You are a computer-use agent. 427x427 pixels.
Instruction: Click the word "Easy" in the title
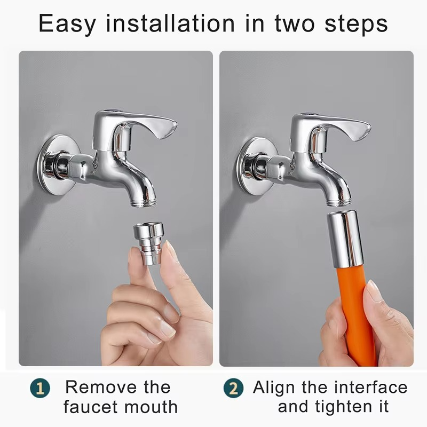67,23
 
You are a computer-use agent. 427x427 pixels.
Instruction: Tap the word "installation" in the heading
170,23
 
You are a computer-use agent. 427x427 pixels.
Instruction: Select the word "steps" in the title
356,25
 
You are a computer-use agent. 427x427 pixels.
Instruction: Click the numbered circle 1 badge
40,388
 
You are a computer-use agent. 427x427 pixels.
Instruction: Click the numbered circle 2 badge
233,388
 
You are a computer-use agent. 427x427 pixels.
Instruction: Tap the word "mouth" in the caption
151,407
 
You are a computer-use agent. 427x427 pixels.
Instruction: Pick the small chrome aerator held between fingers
148,243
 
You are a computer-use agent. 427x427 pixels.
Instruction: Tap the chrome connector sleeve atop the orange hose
344,238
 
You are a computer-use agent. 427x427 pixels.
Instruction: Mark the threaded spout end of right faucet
339,203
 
